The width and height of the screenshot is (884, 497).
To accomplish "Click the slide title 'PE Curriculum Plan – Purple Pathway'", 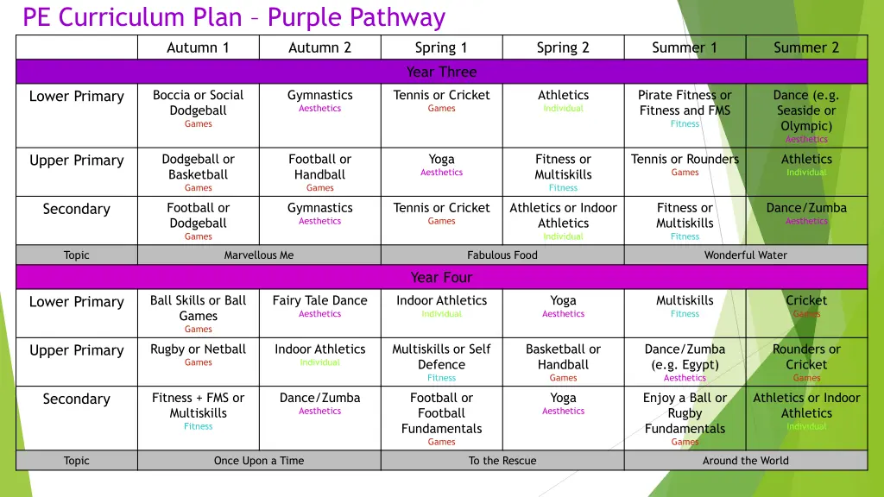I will coord(234,17).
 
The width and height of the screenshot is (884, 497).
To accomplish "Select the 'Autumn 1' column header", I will coord(198,47).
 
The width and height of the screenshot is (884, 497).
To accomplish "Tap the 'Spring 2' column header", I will coord(563,47).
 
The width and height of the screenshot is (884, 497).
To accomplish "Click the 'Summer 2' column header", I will coord(806,47).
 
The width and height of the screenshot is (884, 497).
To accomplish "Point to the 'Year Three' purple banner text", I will coord(441,72).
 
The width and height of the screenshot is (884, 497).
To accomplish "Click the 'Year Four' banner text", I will coord(441,277).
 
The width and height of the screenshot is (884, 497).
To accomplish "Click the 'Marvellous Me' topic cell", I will coord(259,255).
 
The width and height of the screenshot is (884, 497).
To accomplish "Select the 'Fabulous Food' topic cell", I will coord(502,255).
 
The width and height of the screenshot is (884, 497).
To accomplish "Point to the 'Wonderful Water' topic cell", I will coord(746,255).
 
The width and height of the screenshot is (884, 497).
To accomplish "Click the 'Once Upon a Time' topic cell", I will coord(259,460).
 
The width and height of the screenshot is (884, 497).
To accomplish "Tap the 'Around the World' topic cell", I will coord(746,460).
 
